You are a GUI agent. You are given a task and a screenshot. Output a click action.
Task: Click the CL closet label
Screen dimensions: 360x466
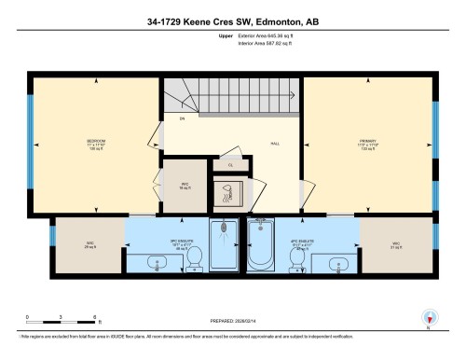point(230,166)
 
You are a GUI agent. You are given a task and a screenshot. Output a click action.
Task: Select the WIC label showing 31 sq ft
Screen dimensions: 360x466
point(396,245)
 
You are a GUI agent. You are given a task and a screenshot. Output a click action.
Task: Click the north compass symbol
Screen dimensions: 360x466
point(430,316)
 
